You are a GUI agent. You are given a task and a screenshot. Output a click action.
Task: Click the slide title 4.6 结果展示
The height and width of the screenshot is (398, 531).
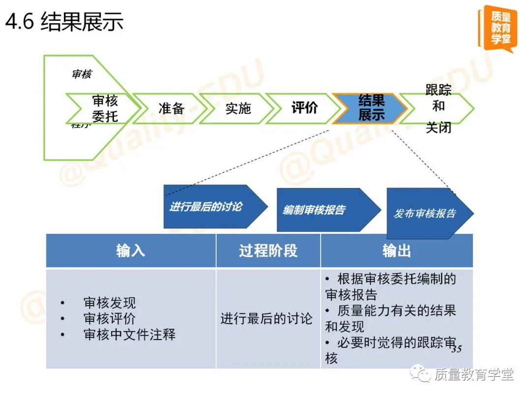(x=64, y=22)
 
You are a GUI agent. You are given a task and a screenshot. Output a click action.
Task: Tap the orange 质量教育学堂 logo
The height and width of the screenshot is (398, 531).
(x=498, y=28)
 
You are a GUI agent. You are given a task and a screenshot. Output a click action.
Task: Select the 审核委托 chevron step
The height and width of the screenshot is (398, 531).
(x=105, y=108)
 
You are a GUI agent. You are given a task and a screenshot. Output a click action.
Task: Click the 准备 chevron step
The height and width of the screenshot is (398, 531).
(x=171, y=108)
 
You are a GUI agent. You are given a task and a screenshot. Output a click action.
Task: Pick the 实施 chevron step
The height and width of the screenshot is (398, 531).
(x=238, y=108)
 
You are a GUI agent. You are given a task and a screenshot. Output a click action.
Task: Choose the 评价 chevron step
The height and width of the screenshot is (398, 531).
(x=304, y=108)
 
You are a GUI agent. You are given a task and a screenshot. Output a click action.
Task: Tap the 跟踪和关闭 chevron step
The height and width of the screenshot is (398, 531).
(x=438, y=108)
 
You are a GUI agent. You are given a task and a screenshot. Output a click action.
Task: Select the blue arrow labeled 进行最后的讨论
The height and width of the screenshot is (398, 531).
(x=209, y=206)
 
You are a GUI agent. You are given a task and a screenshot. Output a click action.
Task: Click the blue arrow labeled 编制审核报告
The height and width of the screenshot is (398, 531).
(x=320, y=210)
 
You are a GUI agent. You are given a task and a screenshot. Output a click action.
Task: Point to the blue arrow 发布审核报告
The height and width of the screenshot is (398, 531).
(x=426, y=213)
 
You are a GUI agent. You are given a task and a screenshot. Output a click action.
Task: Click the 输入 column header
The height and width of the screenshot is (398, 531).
(x=131, y=251)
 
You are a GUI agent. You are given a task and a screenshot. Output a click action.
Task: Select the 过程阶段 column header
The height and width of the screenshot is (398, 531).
(x=268, y=251)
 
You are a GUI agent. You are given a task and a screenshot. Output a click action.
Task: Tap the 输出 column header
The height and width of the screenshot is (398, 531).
(x=396, y=251)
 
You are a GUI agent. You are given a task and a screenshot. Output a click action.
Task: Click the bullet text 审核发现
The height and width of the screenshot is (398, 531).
(x=109, y=303)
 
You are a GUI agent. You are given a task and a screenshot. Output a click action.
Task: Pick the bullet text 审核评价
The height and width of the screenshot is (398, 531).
(x=109, y=318)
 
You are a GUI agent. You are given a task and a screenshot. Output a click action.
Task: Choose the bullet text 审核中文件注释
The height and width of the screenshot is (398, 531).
(x=129, y=335)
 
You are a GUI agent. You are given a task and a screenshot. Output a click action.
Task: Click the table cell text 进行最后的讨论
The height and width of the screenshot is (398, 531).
(x=266, y=318)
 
